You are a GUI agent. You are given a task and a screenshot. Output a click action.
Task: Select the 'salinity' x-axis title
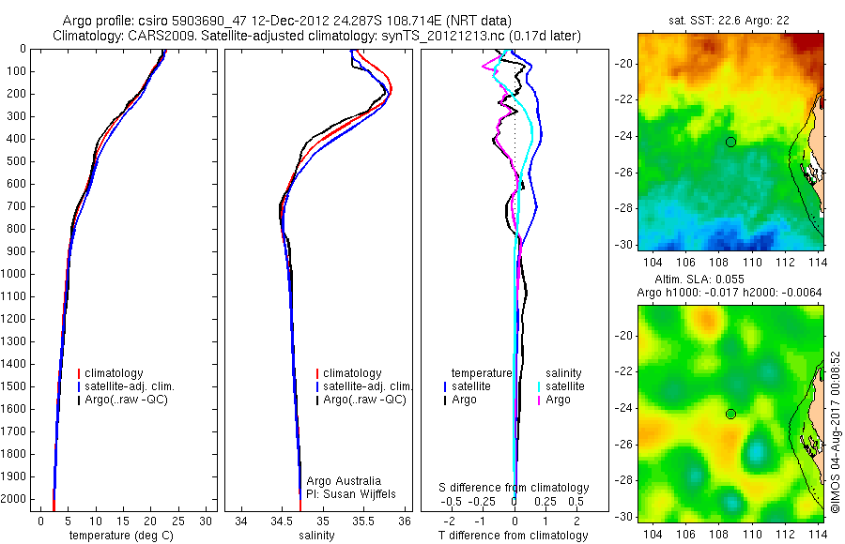tap(315, 536)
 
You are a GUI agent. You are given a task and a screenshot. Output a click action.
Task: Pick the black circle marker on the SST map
tap(730, 142)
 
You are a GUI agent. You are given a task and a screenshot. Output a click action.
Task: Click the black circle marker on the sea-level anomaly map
tap(730, 414)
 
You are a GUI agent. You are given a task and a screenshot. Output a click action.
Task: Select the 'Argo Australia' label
tap(345, 480)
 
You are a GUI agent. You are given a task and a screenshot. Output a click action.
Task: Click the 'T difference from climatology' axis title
tap(515, 536)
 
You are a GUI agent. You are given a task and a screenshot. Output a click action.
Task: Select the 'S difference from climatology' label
tap(515, 488)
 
